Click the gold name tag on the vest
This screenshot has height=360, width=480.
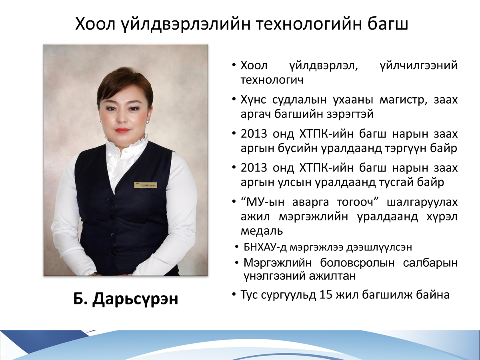tap(146, 185)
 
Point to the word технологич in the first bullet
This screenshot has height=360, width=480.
tap(272, 80)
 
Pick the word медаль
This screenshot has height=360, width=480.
tap(262, 231)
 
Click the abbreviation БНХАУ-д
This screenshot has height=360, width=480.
tap(265, 248)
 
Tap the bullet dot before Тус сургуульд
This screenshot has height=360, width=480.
tap(234, 294)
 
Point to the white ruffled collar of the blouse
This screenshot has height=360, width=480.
tap(126, 142)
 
